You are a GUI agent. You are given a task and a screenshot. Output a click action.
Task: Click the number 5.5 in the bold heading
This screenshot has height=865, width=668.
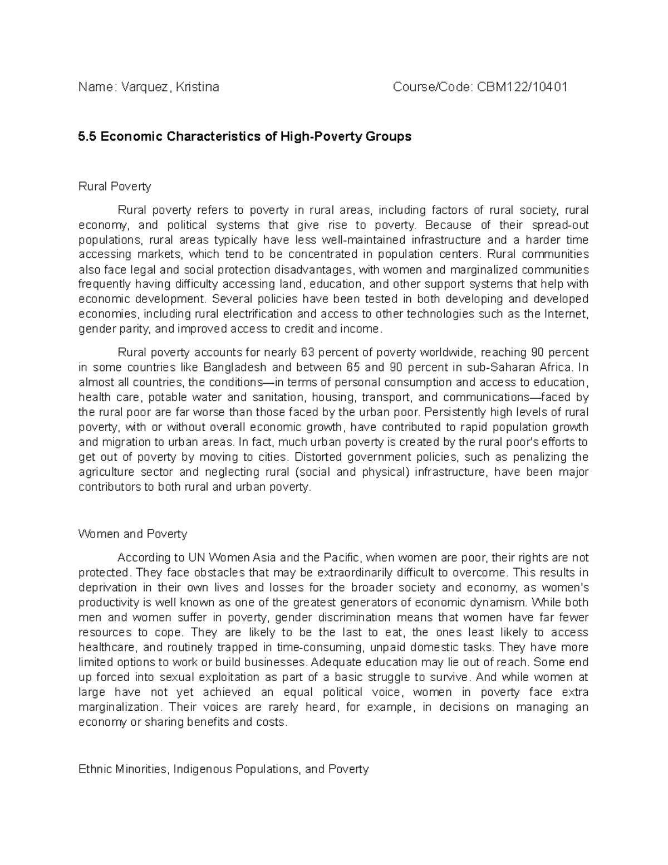click(x=87, y=136)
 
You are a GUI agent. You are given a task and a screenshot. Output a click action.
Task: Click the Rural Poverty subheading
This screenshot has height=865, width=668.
click(x=115, y=186)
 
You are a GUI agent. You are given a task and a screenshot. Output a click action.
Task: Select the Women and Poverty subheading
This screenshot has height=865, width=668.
click(x=132, y=534)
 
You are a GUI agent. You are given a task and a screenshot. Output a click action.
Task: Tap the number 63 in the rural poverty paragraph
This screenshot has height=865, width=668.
click(x=307, y=353)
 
